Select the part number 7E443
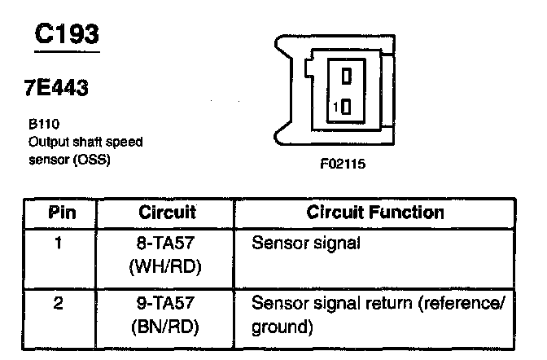tap(56, 89)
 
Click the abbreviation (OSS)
tap(93, 158)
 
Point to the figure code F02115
tap(343, 164)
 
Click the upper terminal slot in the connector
tap(346, 77)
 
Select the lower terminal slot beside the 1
tap(346, 107)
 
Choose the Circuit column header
tap(167, 213)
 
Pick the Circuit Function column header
tap(375, 213)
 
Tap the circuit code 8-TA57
tap(167, 243)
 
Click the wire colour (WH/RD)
tap(167, 266)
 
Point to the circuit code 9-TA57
tap(167, 304)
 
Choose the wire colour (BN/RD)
tap(167, 328)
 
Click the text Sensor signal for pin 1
tap(306, 243)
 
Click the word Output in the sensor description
tap(45, 142)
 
